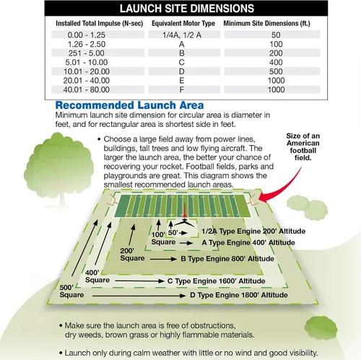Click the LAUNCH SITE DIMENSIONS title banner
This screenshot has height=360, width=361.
[186, 8]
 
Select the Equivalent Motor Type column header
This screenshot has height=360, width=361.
[183, 23]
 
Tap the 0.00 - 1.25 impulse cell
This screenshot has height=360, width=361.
[87, 35]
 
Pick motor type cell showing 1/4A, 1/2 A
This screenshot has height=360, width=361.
[182, 35]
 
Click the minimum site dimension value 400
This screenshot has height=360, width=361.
[276, 62]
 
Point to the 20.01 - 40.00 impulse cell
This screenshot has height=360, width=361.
[87, 80]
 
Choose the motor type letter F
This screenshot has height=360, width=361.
[182, 89]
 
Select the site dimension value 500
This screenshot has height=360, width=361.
[276, 71]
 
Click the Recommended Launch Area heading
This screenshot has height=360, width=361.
[130, 105]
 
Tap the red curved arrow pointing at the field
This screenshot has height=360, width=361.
[287, 190]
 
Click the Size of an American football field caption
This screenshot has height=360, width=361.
[303, 146]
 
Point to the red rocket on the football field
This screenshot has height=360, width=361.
[185, 211]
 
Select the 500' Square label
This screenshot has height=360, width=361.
[71, 291]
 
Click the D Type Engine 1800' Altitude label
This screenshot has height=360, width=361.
[239, 295]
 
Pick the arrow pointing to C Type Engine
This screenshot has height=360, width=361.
[139, 281]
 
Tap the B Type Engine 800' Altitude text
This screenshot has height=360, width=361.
[227, 259]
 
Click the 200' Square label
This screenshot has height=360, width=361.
[132, 255]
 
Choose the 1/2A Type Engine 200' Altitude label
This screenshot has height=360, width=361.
[253, 232]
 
